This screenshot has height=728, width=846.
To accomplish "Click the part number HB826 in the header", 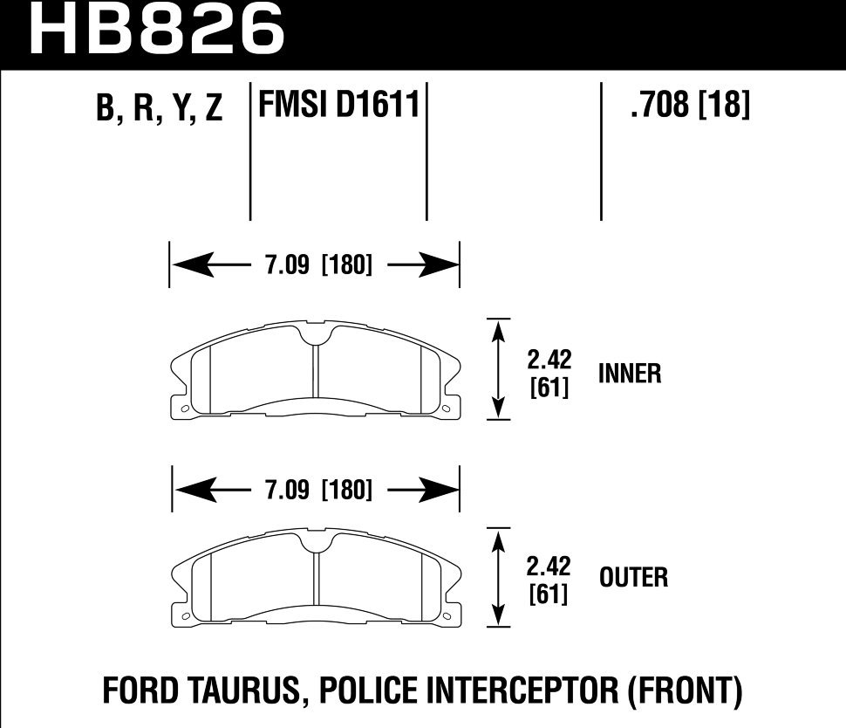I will tap(158, 28).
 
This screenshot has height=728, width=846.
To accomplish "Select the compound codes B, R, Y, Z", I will tap(160, 109).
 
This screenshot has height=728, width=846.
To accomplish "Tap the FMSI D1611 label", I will tap(338, 106).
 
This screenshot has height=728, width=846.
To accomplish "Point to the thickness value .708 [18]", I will tap(688, 106).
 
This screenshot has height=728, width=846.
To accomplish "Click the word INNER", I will tap(630, 374).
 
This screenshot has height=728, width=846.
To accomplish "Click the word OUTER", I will tap(633, 578).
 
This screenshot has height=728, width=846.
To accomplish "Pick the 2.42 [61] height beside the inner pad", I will tap(549, 374).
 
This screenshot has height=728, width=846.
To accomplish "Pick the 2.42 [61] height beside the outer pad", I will tap(549, 580).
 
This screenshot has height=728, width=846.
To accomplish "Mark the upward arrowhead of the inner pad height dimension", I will tap(498, 328).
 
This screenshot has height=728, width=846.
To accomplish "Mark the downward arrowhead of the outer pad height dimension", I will tap(498, 616).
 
